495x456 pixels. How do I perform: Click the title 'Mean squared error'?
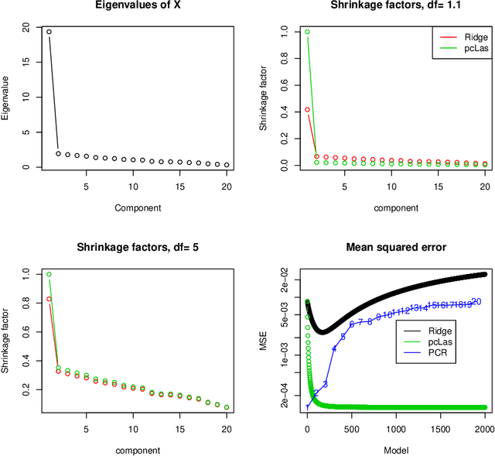[385, 248]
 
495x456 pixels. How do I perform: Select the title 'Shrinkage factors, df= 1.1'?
[385, 6]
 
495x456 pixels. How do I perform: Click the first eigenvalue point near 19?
[49, 32]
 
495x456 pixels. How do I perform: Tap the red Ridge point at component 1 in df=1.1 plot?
[307, 109]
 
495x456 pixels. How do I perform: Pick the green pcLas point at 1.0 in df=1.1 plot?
[307, 32]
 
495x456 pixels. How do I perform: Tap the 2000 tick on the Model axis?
[485, 428]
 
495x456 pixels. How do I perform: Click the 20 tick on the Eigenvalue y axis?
[26, 29]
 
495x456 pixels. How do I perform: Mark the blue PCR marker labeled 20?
[476, 302]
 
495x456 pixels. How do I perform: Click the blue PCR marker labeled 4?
[334, 348]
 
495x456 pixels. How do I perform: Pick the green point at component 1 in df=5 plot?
[49, 274]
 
